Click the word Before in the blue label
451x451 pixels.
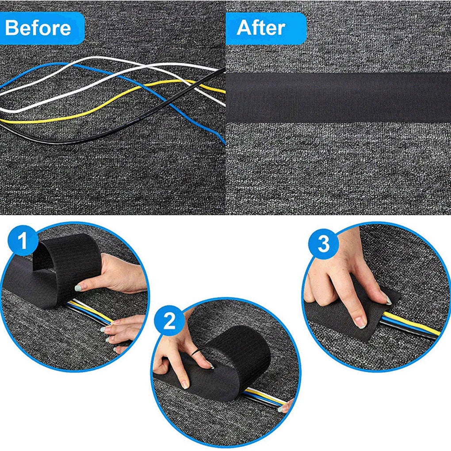click(38, 28)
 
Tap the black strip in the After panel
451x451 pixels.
click(338, 97)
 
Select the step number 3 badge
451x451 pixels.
click(324, 244)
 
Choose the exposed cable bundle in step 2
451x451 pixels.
click(265, 396)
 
